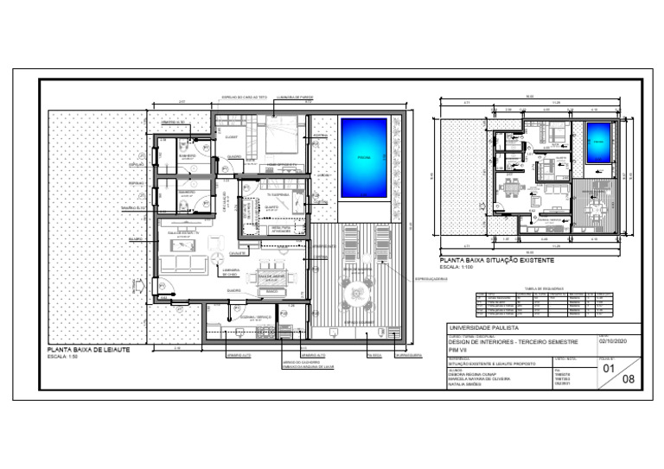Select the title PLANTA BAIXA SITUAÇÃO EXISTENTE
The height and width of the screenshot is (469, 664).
pyautogui.click(x=496, y=260)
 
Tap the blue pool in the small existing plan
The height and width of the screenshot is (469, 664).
pyautogui.click(x=597, y=143)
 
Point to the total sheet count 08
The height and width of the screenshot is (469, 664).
pyautogui.click(x=629, y=377)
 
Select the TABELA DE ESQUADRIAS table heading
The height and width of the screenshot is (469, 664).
pyautogui.click(x=543, y=288)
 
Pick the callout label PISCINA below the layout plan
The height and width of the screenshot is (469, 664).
pyautogui.click(x=373, y=354)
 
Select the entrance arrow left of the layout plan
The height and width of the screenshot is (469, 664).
pyautogui.click(x=137, y=282)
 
